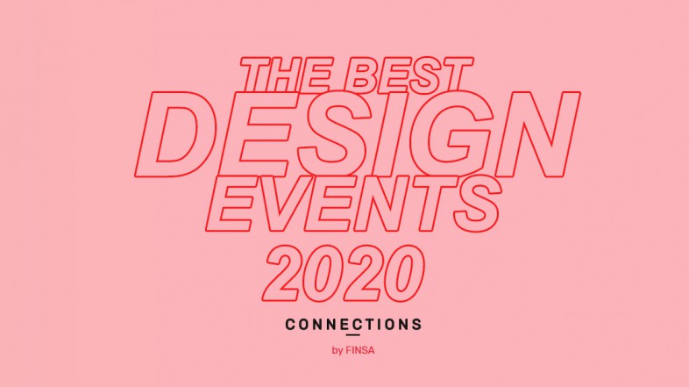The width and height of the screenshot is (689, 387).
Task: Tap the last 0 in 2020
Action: coord(402,273)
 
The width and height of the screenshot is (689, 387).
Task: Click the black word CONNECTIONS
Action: coord(353,325)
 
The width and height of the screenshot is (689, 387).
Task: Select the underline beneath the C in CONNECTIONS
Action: coord(352,334)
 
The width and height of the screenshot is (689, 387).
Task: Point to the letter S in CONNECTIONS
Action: coord(416,325)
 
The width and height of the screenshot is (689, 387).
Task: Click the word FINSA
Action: coord(360,350)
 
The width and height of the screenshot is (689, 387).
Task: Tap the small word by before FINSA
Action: coord(337,351)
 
